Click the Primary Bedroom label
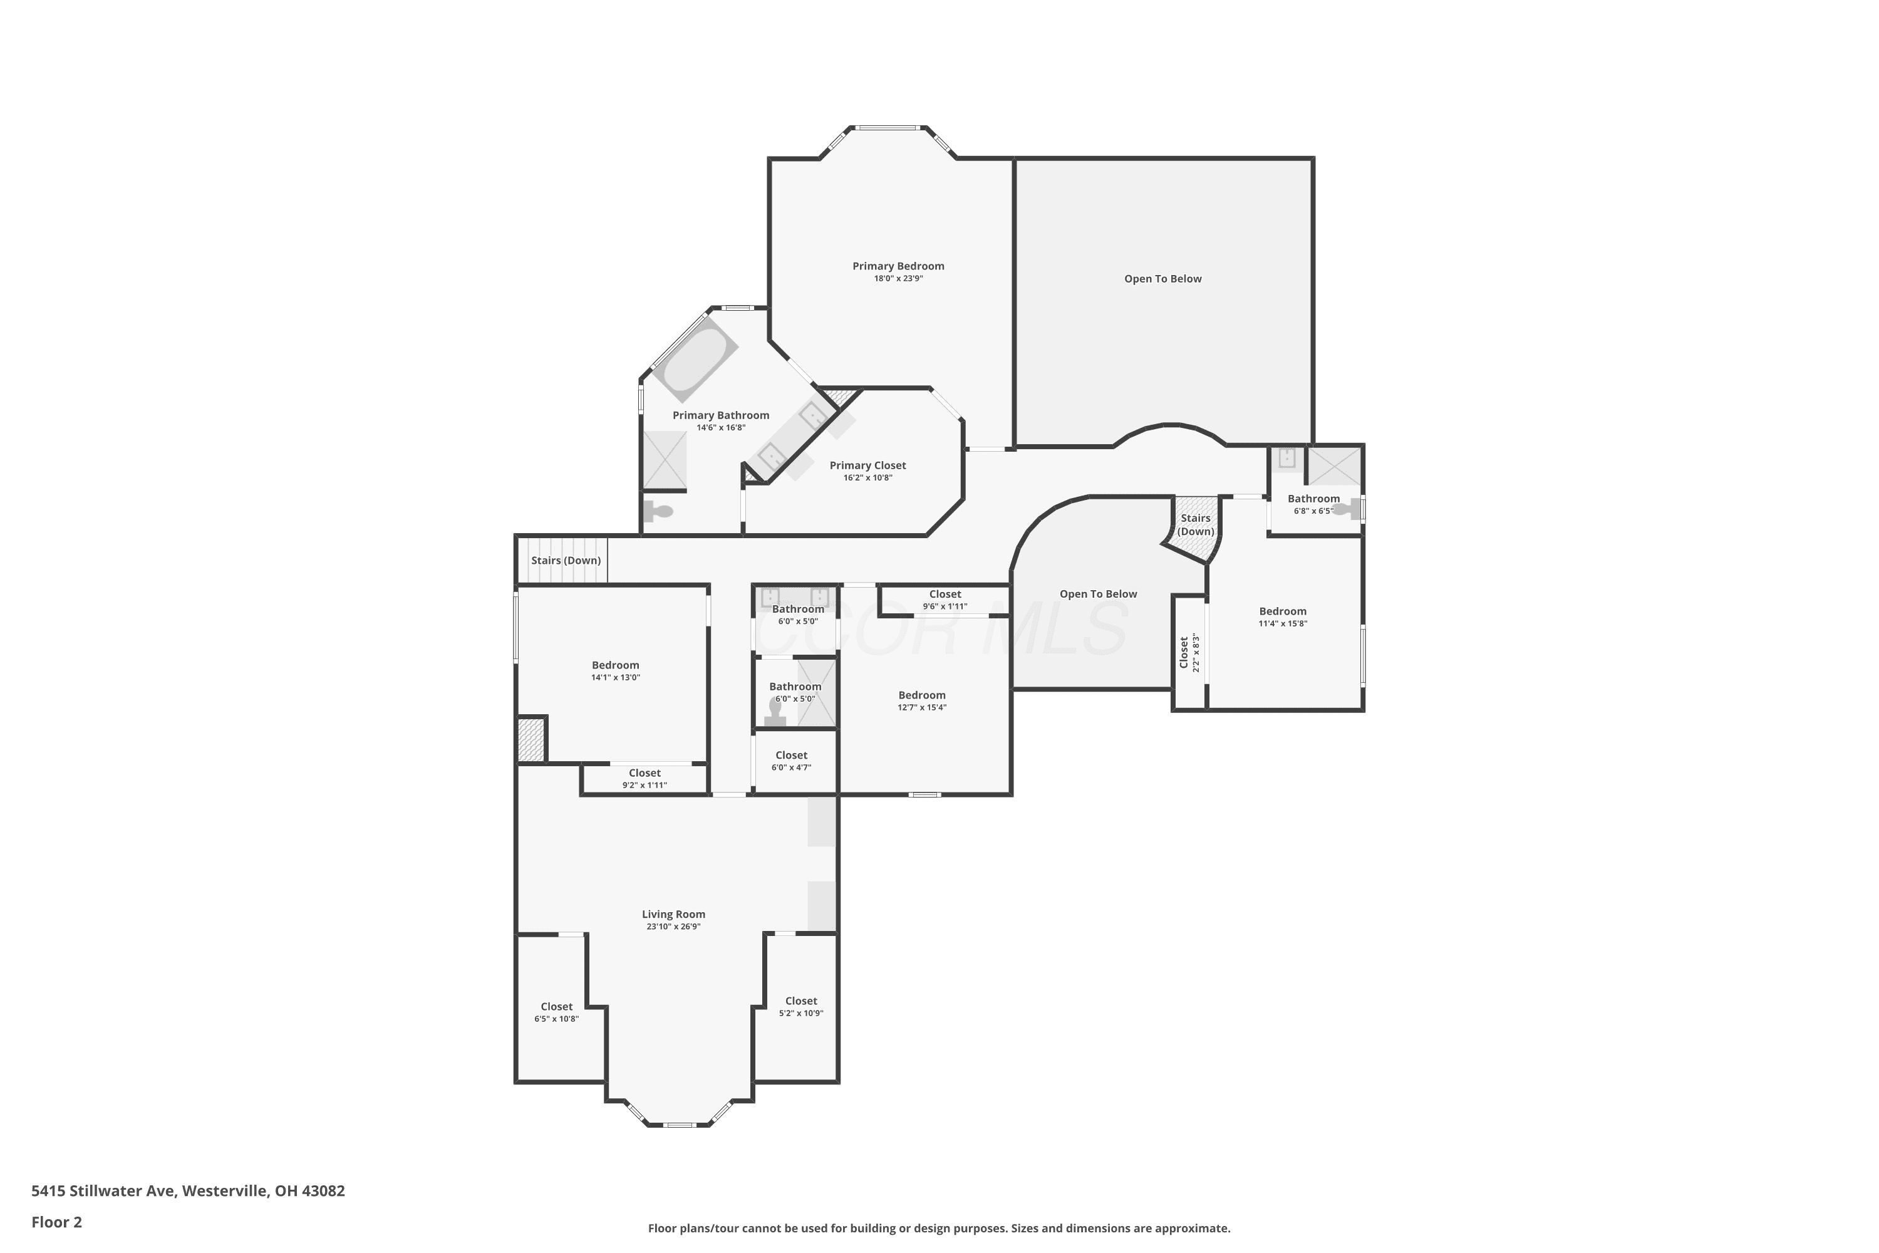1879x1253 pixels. click(898, 266)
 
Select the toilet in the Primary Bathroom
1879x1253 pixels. click(659, 511)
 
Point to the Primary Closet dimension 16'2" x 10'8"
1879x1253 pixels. click(867, 478)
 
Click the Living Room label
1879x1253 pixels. click(673, 914)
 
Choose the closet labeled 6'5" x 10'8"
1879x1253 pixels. click(557, 1009)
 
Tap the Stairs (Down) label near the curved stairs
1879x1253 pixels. click(1196, 525)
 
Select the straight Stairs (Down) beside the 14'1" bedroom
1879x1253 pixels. click(562, 560)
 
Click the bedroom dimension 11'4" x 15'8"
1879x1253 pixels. click(1283, 624)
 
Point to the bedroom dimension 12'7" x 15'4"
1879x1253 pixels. click(922, 708)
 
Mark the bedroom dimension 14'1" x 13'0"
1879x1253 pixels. click(615, 678)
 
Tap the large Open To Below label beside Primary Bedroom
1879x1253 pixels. click(1162, 279)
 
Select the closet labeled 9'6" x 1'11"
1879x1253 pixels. click(945, 601)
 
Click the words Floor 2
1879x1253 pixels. click(57, 1222)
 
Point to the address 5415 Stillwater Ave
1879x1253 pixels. click(103, 1191)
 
